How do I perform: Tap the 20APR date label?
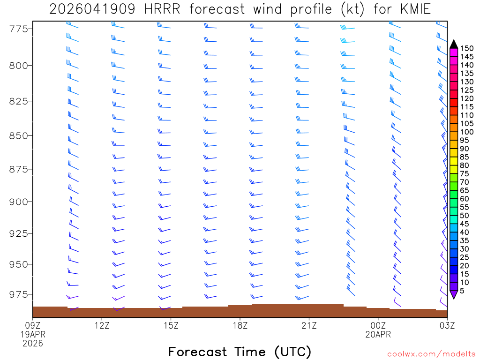coord(378,334)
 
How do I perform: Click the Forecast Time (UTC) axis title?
coord(240,352)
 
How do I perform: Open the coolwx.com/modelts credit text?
coord(431,354)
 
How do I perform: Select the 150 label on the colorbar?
coord(467,48)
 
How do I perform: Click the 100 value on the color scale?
coord(467,132)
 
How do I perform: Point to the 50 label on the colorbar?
coord(465,216)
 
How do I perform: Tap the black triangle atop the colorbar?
coord(454,45)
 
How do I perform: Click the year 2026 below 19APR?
coord(33,343)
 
